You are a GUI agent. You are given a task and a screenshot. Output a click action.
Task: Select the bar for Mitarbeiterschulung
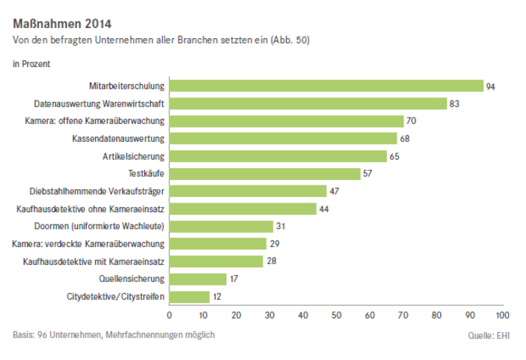[x=327, y=86]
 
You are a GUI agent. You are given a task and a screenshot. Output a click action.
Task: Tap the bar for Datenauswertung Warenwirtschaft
[x=308, y=104]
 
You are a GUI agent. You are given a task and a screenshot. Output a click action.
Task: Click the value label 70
[x=411, y=122]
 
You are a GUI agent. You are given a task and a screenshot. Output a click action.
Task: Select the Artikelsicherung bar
[x=277, y=156]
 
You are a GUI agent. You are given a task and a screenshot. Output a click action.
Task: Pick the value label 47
[x=334, y=191]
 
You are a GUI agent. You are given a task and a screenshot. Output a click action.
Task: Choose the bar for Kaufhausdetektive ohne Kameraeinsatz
[x=242, y=209]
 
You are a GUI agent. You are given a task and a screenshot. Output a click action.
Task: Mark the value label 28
[x=270, y=261]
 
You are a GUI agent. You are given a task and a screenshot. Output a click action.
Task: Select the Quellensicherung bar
[x=198, y=279]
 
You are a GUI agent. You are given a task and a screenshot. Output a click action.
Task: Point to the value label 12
[x=217, y=296]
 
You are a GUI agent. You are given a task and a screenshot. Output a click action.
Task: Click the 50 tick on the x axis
[x=336, y=316]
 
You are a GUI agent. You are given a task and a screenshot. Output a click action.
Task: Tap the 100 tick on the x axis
[x=502, y=316]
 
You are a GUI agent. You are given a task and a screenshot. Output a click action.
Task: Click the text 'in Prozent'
[x=32, y=63]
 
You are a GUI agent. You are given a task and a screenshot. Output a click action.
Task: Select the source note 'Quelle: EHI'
[x=488, y=337]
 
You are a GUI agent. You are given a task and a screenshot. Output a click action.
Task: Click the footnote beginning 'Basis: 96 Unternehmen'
[x=114, y=335]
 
